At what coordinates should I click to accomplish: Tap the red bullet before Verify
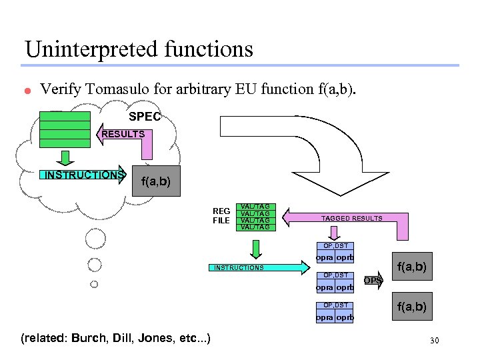point(28,91)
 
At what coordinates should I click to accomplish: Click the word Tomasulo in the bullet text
point(117,89)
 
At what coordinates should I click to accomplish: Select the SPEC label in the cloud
point(145,116)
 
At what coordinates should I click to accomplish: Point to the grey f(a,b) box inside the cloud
point(156,181)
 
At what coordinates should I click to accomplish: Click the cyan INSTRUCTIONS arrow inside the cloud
point(83,175)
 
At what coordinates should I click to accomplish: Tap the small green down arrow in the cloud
point(65,158)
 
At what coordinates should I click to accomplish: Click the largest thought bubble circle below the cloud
point(95,239)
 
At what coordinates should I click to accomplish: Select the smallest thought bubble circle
point(94,285)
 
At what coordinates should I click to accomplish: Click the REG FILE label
point(221,215)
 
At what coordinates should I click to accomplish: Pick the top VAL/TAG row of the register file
point(255,207)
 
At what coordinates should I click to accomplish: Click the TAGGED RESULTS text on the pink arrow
point(352,218)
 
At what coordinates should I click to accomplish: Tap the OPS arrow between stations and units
point(373,280)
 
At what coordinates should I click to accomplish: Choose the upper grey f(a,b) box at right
point(412,266)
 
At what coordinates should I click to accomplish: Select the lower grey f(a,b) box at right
point(412,306)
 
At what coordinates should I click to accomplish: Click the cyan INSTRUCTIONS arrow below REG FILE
point(259,267)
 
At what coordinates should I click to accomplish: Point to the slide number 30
point(435,341)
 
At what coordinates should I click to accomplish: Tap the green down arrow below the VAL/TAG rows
point(256,249)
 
